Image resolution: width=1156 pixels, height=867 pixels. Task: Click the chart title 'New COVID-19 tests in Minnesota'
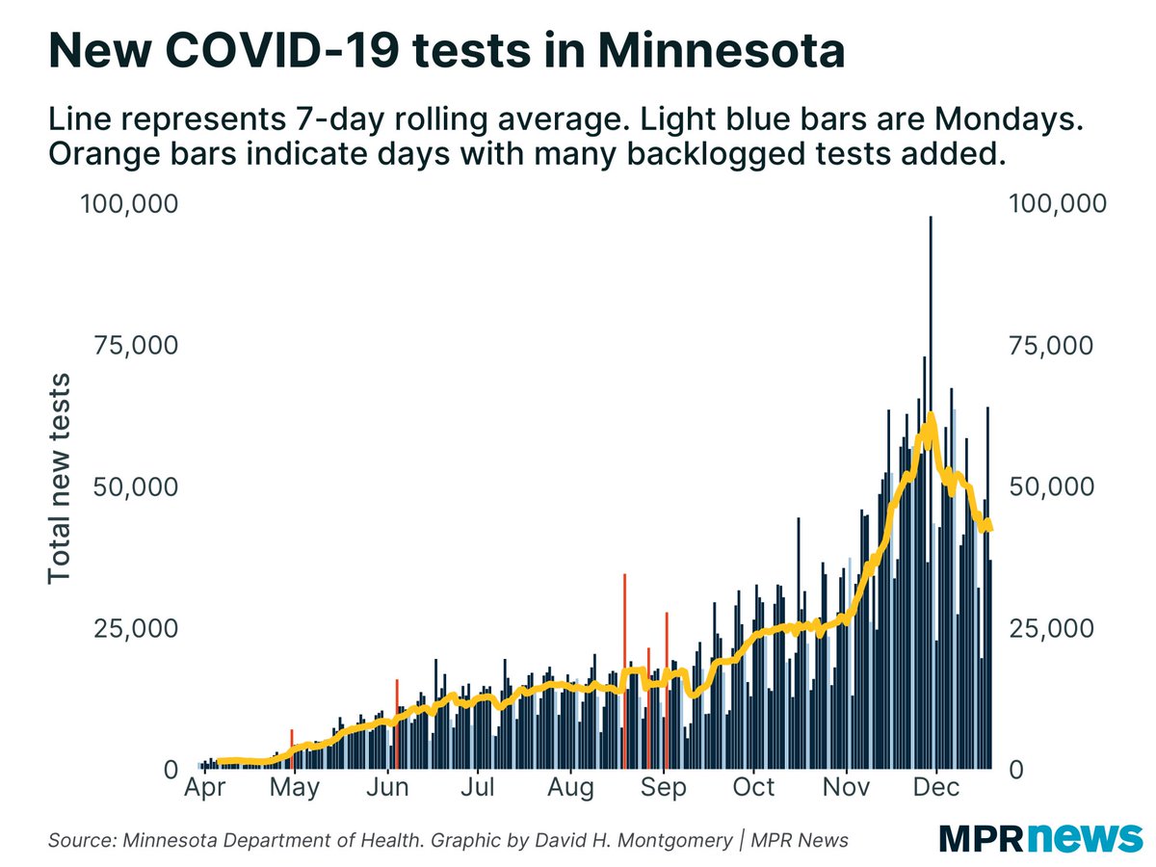[446, 51]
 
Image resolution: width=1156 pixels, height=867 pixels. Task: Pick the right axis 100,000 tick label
[1057, 203]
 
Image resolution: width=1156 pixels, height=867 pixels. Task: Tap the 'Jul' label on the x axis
[478, 788]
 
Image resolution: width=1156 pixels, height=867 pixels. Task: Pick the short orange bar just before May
[292, 749]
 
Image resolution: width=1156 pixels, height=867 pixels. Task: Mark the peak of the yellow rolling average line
[931, 417]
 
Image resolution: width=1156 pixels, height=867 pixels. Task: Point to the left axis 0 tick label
[170, 770]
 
